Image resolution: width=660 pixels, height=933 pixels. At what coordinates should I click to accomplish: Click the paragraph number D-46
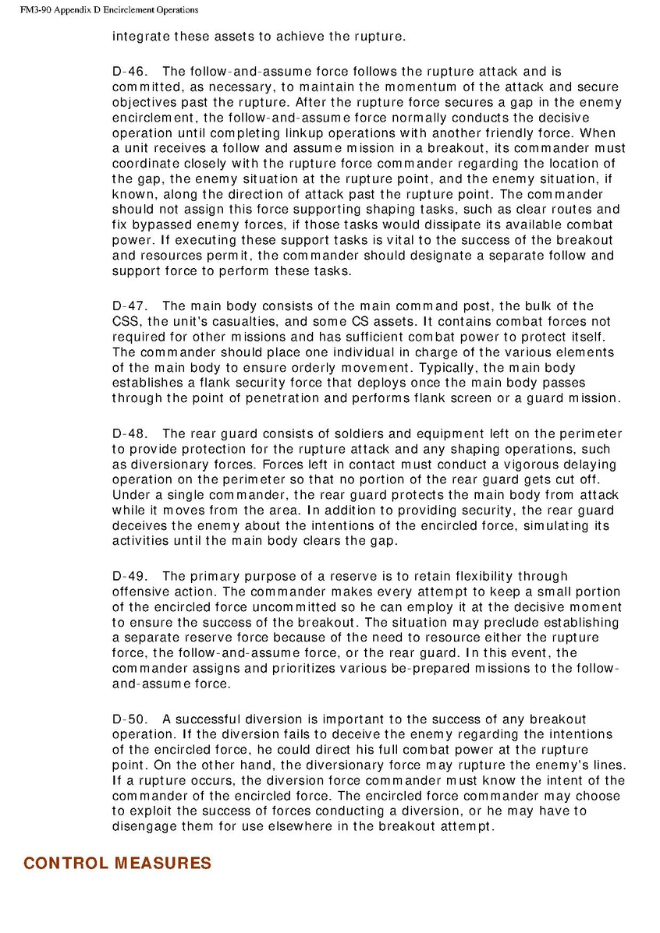[127, 72]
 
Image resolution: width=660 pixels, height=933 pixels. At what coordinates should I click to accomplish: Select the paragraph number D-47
[127, 306]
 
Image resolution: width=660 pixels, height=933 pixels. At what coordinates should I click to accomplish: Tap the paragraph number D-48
[127, 433]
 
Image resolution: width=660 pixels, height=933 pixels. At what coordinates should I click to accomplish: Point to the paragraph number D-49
[127, 576]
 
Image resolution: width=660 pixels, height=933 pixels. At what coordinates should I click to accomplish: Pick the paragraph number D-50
[127, 719]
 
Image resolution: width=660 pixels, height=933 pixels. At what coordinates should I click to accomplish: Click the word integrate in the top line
[140, 36]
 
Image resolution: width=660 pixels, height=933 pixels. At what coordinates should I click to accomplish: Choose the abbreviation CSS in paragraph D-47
[126, 321]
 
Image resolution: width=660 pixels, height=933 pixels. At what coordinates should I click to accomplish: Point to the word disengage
[146, 826]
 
